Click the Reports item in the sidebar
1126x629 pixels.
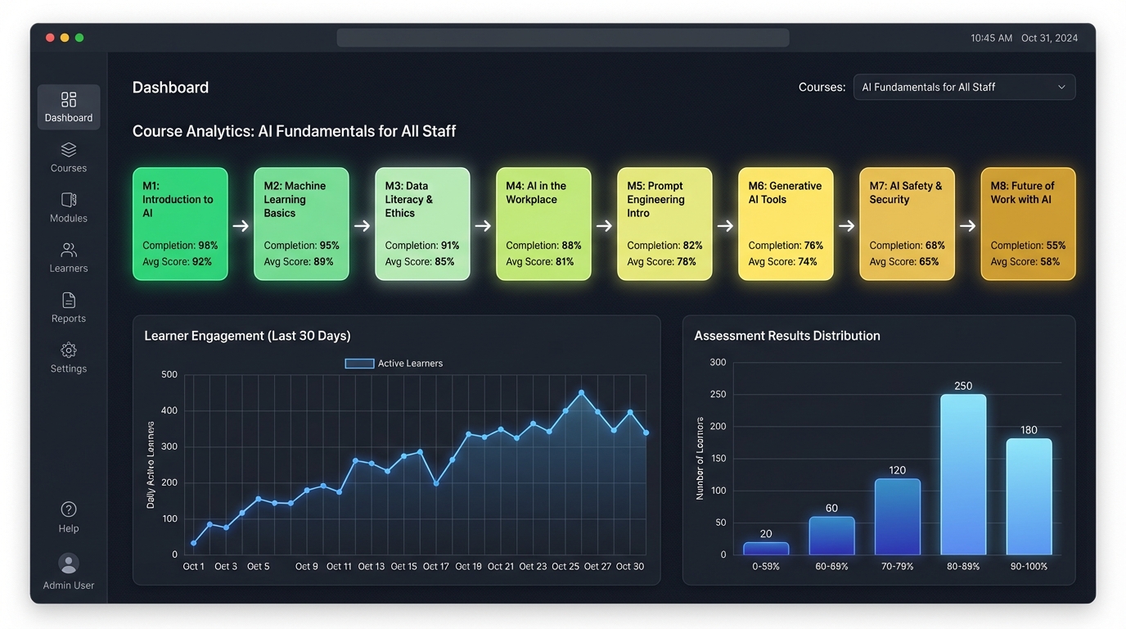pos(69,308)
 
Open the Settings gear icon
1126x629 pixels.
pos(69,351)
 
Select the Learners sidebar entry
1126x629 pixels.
pos(69,258)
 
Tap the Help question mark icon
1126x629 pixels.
pos(69,509)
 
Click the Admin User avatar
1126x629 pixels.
pos(69,563)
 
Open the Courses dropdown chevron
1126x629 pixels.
pos(1061,88)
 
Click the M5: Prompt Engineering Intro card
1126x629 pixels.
pos(664,224)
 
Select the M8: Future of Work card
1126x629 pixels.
pos(1028,224)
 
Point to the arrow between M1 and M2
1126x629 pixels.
pos(241,226)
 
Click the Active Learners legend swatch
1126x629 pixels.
pos(359,364)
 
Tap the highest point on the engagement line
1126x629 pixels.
pos(582,393)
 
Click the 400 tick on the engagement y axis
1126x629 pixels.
pos(169,410)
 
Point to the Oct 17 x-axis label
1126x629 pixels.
pos(435,567)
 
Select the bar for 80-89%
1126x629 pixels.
pos(963,475)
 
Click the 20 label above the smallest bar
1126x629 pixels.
pos(766,534)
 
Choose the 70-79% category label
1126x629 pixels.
pos(898,567)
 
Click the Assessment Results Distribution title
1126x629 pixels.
pos(787,336)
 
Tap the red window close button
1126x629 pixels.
pos(50,38)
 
